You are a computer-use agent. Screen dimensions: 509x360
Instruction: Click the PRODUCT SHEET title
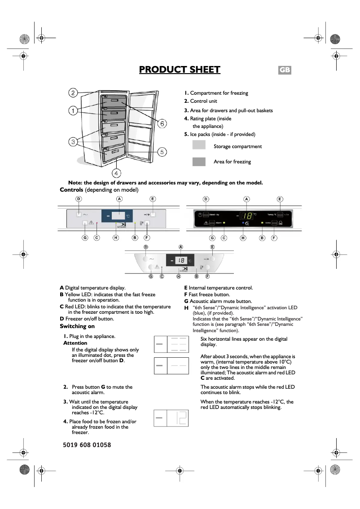coord(180,70)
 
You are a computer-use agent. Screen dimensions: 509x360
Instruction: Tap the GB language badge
coord(285,70)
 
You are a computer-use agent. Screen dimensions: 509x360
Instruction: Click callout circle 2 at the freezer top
coord(73,93)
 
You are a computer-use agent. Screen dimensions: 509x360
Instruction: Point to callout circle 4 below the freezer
coord(116,173)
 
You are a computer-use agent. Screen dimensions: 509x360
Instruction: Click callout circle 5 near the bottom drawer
coord(162,152)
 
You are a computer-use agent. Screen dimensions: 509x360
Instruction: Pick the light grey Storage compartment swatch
coord(198,145)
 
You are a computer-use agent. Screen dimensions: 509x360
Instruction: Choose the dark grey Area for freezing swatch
coord(198,162)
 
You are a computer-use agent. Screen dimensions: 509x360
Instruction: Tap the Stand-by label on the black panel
coord(215,215)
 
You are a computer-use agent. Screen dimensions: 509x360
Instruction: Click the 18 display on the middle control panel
coord(180,260)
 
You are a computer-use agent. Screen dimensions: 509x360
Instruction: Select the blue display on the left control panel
coord(117,216)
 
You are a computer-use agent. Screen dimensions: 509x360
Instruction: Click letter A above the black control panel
coord(246,199)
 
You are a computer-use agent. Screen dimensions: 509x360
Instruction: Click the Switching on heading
coord(77,326)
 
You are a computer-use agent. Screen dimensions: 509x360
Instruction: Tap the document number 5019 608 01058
coord(84,445)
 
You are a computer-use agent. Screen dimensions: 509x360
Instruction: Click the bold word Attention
coord(75,343)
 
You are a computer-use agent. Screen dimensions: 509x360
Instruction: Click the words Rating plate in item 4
coord(203,118)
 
